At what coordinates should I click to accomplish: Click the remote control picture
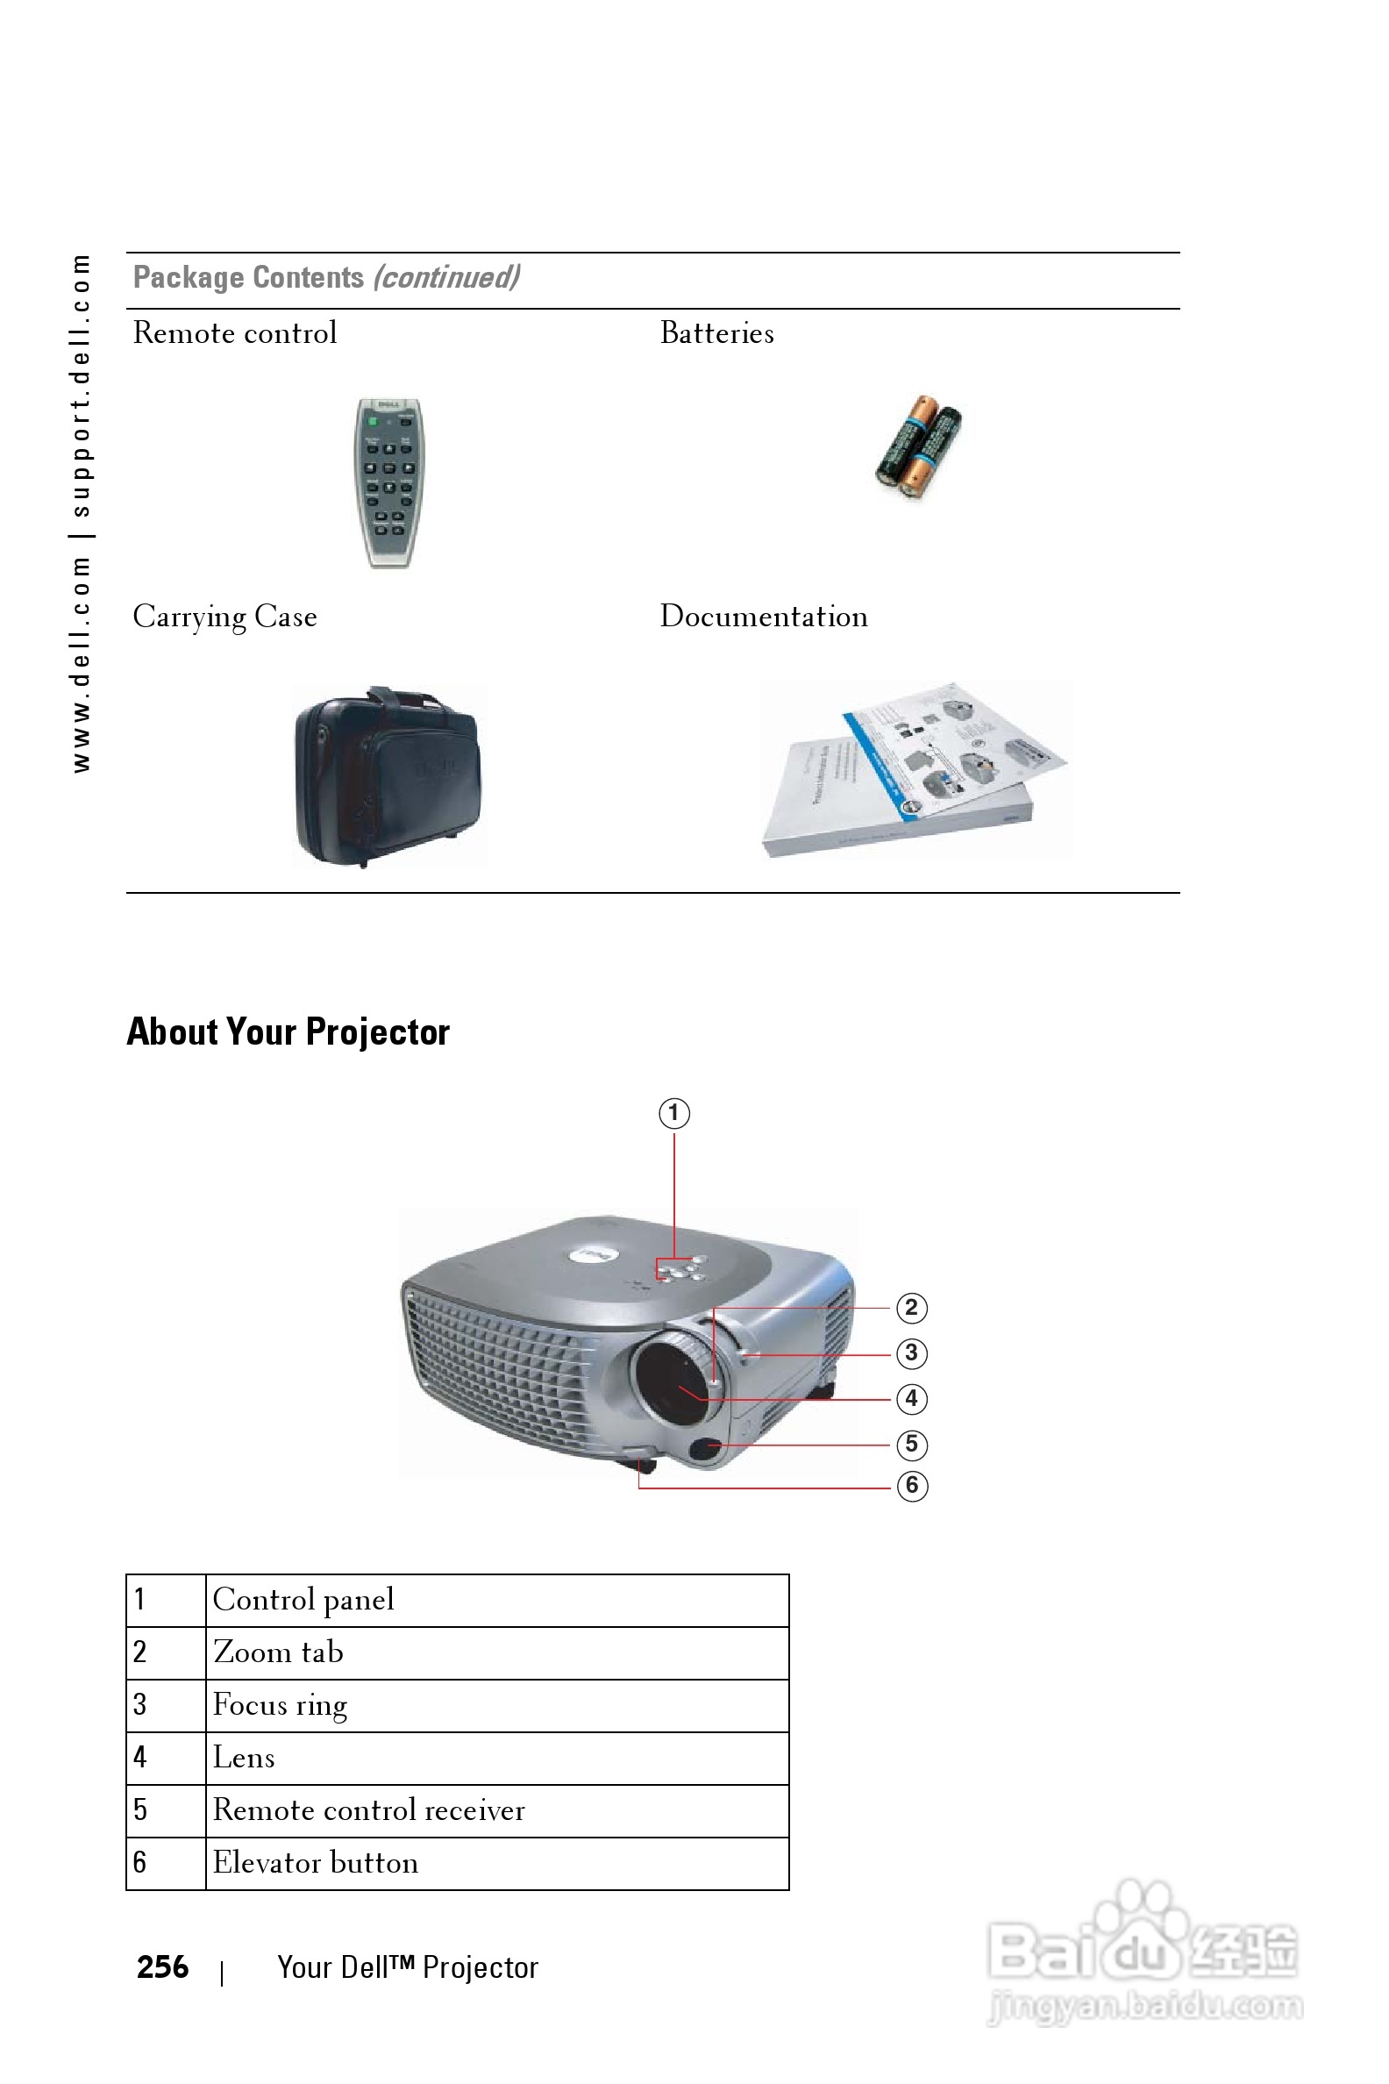point(389,483)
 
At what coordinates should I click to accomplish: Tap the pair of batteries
point(919,447)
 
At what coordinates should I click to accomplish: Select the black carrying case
point(388,776)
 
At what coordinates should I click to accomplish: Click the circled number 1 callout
point(674,1113)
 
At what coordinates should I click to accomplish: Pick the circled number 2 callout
point(912,1308)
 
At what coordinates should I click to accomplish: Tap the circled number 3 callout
point(912,1353)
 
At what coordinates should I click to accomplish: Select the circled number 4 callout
point(912,1399)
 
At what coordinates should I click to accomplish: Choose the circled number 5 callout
point(912,1445)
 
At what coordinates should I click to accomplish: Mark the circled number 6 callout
point(912,1485)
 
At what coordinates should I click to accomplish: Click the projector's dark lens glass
point(671,1383)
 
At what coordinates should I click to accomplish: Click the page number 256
point(162,1967)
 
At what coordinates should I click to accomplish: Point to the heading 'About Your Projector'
point(288,1031)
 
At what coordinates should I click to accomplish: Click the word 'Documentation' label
point(764,617)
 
